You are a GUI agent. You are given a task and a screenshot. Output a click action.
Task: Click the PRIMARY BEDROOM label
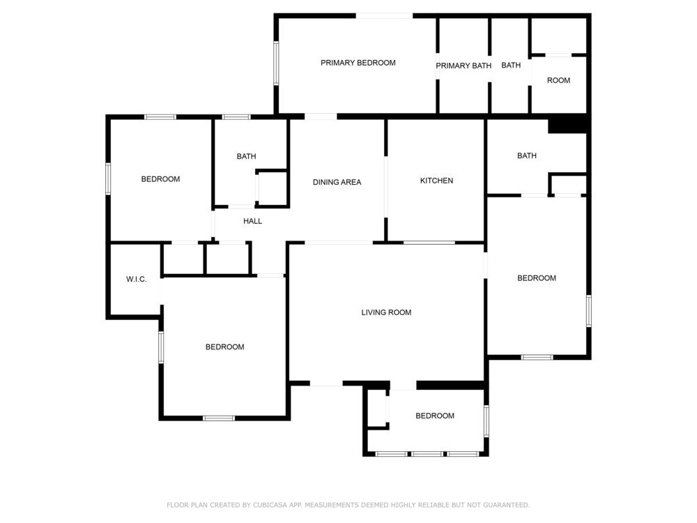358,63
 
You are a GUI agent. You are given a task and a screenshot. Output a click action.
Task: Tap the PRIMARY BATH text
464,66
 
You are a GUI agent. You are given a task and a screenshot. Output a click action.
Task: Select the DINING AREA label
337,182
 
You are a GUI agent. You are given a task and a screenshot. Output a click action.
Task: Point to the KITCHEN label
436,181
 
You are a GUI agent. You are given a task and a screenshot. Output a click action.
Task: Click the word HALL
252,221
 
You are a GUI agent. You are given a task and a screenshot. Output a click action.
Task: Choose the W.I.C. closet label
137,280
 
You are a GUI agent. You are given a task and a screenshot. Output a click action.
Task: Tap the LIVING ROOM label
386,312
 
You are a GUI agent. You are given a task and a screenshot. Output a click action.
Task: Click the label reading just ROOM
558,80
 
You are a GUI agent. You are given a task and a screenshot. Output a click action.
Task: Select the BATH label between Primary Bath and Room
511,65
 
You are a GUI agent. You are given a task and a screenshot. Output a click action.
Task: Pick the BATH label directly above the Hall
246,156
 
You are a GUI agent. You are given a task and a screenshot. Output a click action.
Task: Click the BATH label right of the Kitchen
527,156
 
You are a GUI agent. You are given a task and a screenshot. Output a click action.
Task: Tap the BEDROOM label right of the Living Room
537,278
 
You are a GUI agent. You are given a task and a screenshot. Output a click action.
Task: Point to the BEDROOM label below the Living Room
435,416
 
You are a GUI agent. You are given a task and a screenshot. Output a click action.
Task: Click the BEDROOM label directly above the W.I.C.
160,179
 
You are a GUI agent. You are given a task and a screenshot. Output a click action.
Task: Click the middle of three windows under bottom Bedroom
427,454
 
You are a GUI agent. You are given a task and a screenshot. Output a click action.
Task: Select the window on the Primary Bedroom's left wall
276,63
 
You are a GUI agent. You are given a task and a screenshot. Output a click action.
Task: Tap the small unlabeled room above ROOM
559,36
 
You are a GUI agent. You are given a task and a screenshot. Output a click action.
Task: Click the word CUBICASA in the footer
269,505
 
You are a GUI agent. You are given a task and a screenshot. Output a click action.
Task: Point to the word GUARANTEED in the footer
506,505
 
